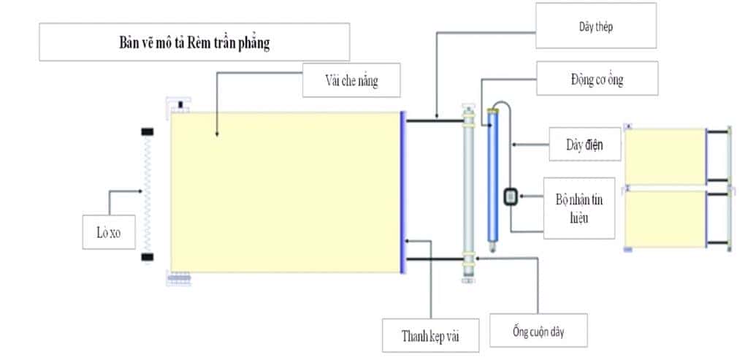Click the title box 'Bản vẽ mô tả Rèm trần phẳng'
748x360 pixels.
click(x=194, y=42)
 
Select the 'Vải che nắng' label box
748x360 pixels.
click(x=351, y=80)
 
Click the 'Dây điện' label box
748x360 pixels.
click(x=584, y=144)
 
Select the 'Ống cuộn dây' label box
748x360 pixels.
click(x=538, y=332)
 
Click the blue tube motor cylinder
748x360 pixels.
click(x=493, y=175)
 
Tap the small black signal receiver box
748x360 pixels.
click(x=511, y=196)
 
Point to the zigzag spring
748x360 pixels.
click(x=148, y=195)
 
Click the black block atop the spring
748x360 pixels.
click(x=148, y=131)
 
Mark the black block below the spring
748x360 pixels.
click(x=148, y=257)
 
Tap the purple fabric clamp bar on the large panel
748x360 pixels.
click(x=402, y=192)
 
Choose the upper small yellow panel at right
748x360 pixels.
click(x=664, y=156)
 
